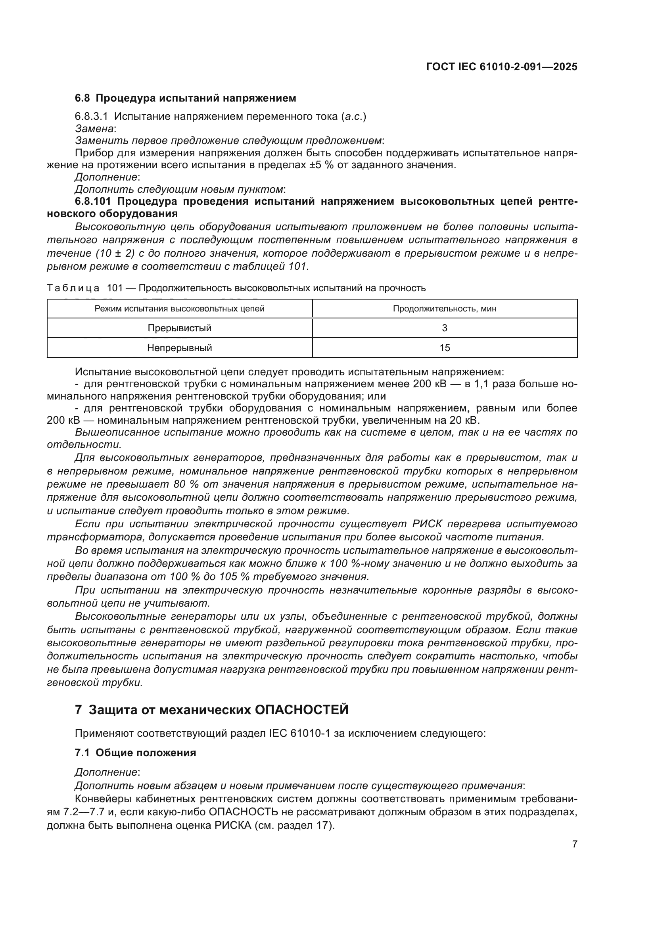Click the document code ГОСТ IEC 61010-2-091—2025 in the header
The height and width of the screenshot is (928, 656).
coord(501,67)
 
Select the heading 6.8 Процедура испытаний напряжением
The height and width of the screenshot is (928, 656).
coord(185,98)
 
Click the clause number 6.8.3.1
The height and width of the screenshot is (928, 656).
coord(91,117)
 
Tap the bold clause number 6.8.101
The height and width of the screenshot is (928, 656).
coord(95,201)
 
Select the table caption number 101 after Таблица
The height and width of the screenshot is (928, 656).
coord(115,288)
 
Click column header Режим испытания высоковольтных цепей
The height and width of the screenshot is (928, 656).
coord(179,309)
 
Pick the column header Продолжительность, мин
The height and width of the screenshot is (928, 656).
coord(444,309)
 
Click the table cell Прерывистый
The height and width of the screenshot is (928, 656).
coord(179,328)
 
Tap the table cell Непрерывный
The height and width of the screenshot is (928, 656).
coord(179,348)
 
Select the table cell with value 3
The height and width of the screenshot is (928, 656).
coord(444,328)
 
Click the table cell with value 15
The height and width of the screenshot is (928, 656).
coord(444,348)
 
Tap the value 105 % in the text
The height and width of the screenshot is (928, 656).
coord(233,576)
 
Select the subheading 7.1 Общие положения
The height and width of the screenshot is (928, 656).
coord(135,753)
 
